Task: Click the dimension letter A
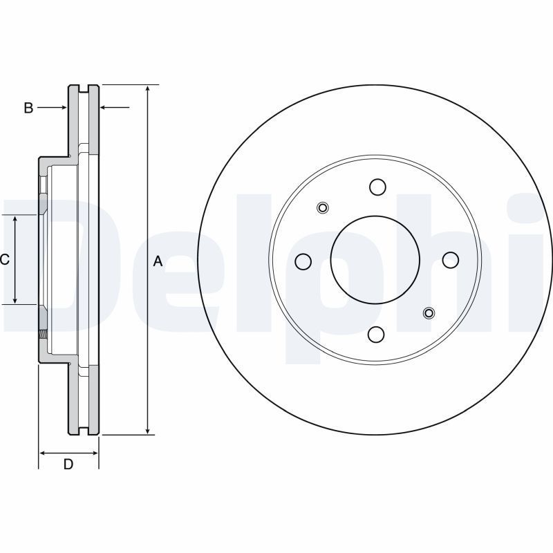pyautogui.click(x=158, y=261)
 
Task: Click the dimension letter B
pyautogui.click(x=28, y=108)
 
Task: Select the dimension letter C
pyautogui.click(x=5, y=260)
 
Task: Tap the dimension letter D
pyautogui.click(x=68, y=464)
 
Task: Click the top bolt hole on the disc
pyautogui.click(x=377, y=187)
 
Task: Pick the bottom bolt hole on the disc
pyautogui.click(x=375, y=334)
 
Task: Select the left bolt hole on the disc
pyautogui.click(x=303, y=261)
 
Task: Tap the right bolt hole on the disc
pyautogui.click(x=451, y=260)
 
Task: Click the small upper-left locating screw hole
pyautogui.click(x=322, y=208)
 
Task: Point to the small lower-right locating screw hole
pyautogui.click(x=429, y=313)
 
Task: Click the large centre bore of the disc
pyautogui.click(x=375, y=260)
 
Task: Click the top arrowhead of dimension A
pyautogui.click(x=148, y=89)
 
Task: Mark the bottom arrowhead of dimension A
pyautogui.click(x=148, y=430)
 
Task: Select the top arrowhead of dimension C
pyautogui.click(x=15, y=220)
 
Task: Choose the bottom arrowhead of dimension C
pyautogui.click(x=15, y=299)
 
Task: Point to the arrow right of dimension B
pyautogui.click(x=115, y=107)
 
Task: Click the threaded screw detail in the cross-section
pyautogui.click(x=43, y=333)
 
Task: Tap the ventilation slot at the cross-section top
pyautogui.click(x=84, y=88)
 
